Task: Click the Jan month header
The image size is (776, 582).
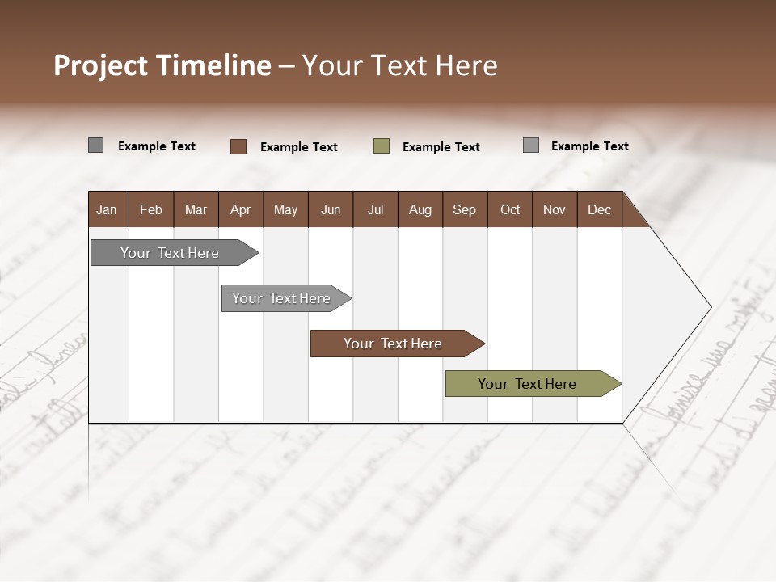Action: click(107, 209)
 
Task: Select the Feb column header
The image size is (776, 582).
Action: click(151, 209)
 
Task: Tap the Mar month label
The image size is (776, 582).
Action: click(196, 209)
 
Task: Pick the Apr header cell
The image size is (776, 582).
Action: click(240, 209)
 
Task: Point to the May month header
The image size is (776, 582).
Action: click(285, 209)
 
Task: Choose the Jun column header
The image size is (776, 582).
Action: click(331, 209)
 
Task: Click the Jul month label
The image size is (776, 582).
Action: click(375, 209)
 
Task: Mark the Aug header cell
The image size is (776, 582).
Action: click(420, 209)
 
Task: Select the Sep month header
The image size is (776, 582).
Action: click(464, 209)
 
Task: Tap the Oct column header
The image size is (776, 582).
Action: click(510, 209)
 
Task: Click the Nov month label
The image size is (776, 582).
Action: click(555, 209)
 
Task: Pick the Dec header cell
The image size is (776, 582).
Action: click(599, 209)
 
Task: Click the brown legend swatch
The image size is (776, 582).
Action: click(238, 146)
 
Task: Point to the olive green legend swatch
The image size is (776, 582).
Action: click(382, 146)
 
